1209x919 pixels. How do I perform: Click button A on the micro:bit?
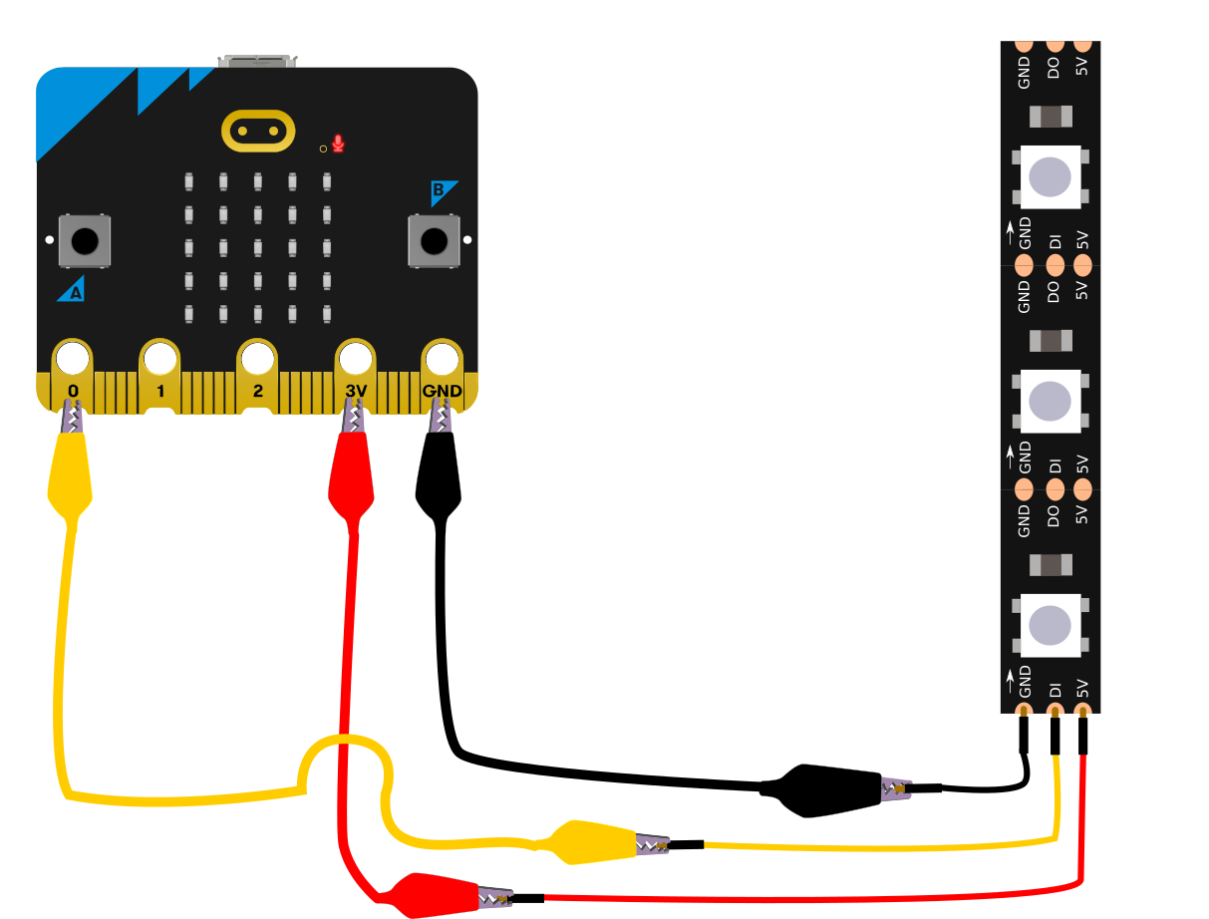pyautogui.click(x=85, y=240)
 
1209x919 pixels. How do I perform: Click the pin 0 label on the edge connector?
pyautogui.click(x=73, y=391)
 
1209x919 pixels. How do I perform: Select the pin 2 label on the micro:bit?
pyautogui.click(x=257, y=391)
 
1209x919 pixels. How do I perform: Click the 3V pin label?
pyautogui.click(x=356, y=391)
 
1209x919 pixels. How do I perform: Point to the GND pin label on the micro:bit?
pyautogui.click(x=442, y=391)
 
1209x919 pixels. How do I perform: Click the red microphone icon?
pyautogui.click(x=339, y=145)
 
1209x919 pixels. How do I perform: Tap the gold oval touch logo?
pyautogui.click(x=258, y=130)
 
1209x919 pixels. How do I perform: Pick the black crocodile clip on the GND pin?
pyautogui.click(x=438, y=473)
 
